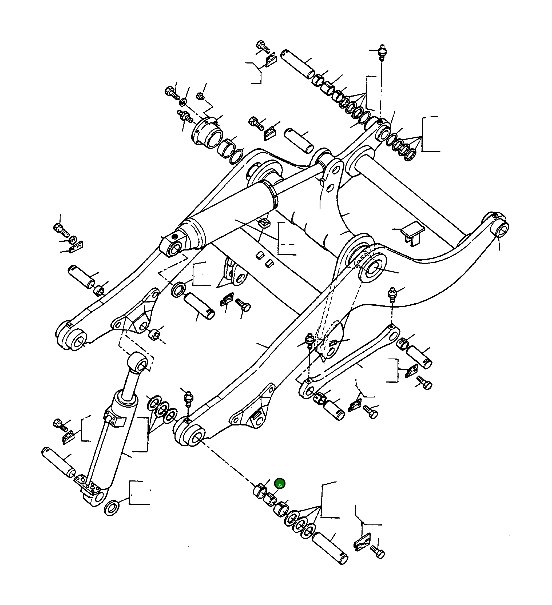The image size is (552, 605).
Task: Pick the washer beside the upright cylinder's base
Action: coord(111,507)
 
